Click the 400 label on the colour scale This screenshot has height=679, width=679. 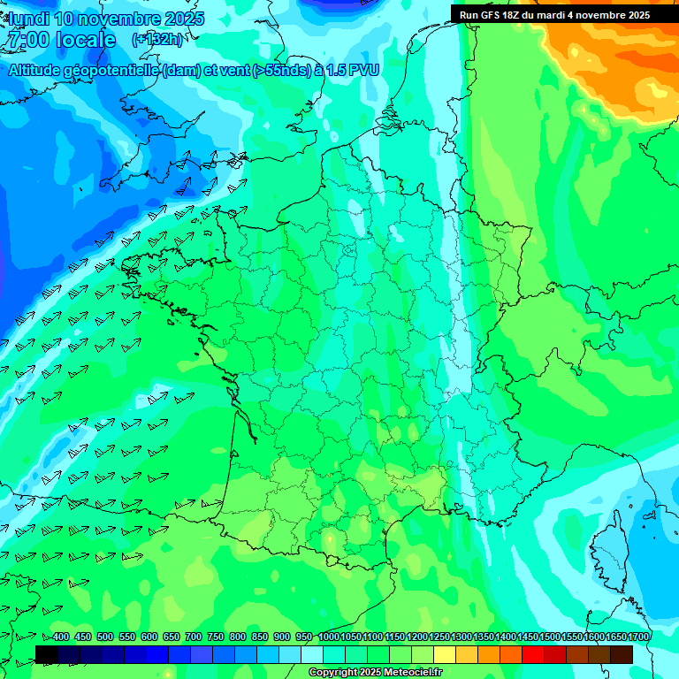click(61, 637)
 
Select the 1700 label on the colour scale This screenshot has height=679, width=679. click(638, 637)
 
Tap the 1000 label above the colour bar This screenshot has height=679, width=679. click(329, 637)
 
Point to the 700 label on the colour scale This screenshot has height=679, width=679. click(194, 637)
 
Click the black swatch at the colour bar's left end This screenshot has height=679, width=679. click(47, 654)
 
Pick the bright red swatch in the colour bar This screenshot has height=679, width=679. click(533, 654)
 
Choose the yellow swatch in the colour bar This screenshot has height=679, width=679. click(445, 654)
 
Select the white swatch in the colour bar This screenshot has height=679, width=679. click(312, 654)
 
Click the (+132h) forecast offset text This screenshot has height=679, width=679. click(157, 39)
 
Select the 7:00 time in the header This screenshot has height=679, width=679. click(27, 40)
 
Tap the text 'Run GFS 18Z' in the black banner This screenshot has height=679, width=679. click(489, 15)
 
